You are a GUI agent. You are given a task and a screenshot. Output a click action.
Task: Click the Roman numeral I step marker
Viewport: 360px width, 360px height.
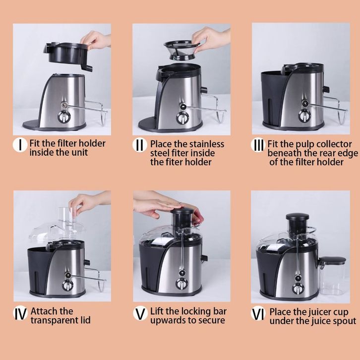(20, 145)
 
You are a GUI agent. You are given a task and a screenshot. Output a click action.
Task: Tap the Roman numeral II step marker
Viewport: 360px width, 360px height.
(140, 145)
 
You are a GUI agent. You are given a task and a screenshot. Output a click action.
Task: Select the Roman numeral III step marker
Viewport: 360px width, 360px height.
(258, 145)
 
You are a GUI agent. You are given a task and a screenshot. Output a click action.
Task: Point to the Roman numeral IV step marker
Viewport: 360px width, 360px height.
(20, 314)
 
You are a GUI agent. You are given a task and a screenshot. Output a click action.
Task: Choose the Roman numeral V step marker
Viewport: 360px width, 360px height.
(140, 314)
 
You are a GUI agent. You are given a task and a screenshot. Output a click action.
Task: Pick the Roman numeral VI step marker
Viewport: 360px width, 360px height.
(258, 314)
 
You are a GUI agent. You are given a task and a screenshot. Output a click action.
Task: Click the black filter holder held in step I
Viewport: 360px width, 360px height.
(68, 55)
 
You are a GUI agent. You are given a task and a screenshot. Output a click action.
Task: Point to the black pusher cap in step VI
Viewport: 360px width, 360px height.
(298, 217)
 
